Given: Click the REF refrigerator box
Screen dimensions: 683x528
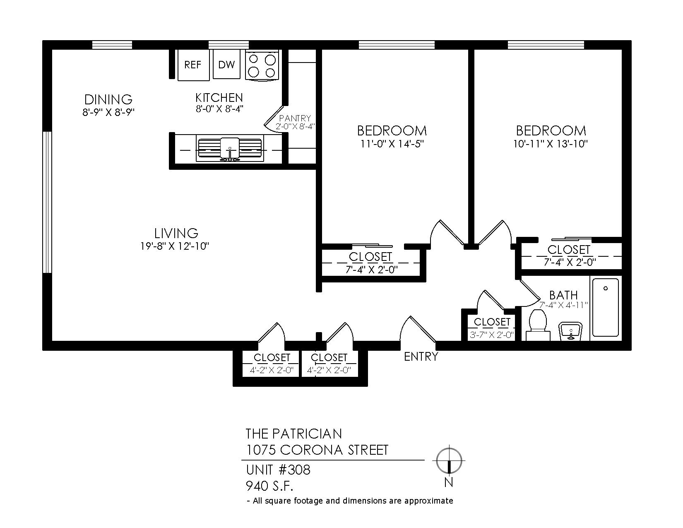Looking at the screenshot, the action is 193,65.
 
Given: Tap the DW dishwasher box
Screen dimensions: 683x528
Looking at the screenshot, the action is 226,64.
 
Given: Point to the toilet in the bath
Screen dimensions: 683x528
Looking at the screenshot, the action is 538,325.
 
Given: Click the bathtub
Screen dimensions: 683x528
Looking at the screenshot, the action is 605,308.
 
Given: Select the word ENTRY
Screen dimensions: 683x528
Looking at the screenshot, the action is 421,357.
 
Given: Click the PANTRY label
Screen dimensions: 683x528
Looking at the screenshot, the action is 295,118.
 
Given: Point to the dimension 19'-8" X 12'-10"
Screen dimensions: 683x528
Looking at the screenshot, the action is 175,246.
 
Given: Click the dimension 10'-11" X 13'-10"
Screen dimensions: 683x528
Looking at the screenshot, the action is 551,144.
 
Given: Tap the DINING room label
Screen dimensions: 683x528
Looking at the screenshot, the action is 108,99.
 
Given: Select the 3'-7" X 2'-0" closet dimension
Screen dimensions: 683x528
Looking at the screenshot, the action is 492,335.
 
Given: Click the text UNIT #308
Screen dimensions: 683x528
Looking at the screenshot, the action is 278,470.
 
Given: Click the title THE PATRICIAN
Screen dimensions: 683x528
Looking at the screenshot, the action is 293,434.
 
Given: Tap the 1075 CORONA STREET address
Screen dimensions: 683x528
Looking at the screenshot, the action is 317,450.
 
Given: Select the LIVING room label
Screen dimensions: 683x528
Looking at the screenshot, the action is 176,233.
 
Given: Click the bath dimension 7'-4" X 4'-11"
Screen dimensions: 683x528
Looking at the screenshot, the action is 563,305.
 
